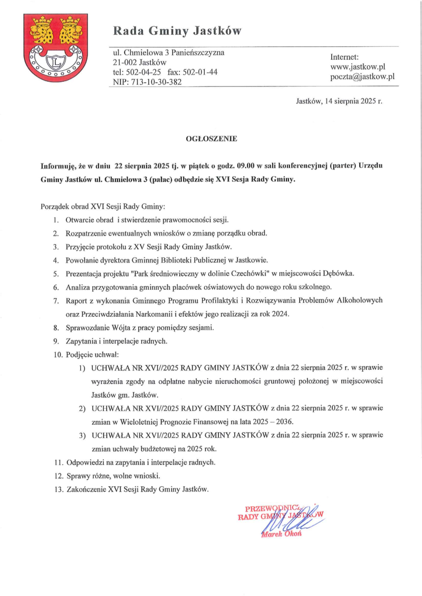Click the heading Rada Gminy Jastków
click(x=177, y=31)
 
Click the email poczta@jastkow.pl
click(x=362, y=77)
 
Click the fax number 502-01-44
click(x=199, y=72)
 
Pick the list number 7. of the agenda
click(x=55, y=300)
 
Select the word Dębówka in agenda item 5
click(x=340, y=273)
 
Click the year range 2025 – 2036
click(x=272, y=422)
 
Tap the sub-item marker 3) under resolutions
click(x=82, y=435)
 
